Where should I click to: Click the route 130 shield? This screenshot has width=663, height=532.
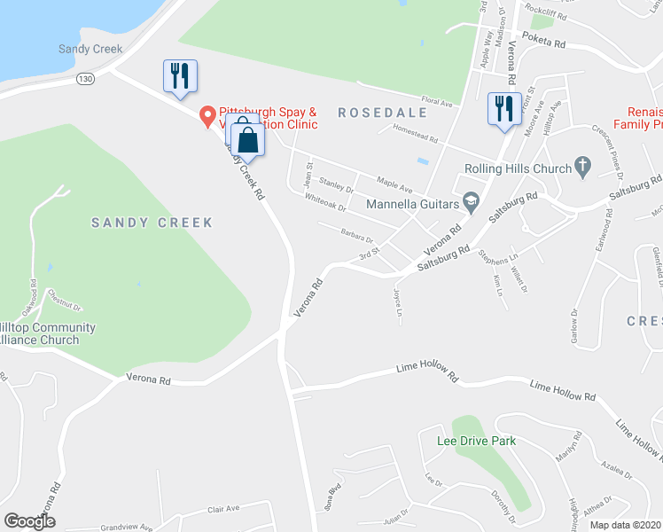pyautogui.click(x=85, y=79)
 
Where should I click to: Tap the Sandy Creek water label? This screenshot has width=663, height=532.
pyautogui.click(x=90, y=49)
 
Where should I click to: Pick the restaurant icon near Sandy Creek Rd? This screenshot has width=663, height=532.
pyautogui.click(x=180, y=75)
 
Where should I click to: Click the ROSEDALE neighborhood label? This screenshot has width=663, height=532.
pyautogui.click(x=382, y=113)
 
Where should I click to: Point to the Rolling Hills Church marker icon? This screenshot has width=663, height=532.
pyautogui.click(x=582, y=164)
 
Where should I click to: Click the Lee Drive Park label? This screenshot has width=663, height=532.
pyautogui.click(x=476, y=441)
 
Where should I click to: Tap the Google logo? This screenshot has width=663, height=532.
pyautogui.click(x=29, y=521)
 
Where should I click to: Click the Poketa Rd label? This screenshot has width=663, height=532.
pyautogui.click(x=543, y=41)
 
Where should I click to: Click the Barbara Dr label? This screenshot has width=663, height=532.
pyautogui.click(x=357, y=236)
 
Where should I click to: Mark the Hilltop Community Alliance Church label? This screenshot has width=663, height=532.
pyautogui.click(x=48, y=333)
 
